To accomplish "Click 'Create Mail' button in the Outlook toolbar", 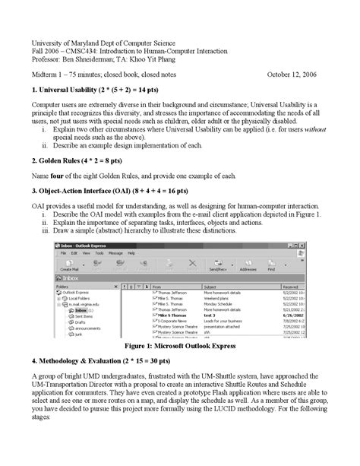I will click(70, 267).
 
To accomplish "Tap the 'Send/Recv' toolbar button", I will click(220, 267).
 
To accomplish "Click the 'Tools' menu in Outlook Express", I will click(97, 252).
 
